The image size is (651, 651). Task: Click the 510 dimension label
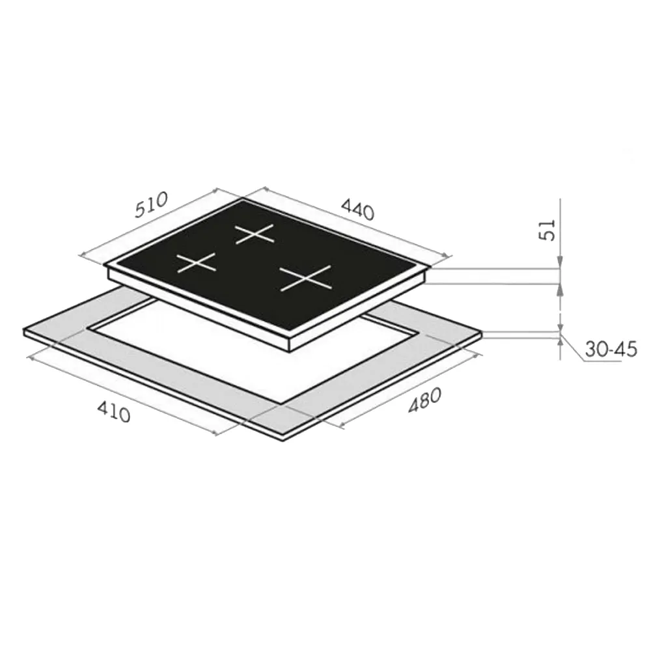(151, 204)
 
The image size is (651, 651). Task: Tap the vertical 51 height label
(548, 230)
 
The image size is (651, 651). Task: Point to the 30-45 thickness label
(611, 350)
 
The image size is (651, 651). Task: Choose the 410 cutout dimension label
(114, 412)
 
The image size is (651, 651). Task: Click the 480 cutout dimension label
(424, 400)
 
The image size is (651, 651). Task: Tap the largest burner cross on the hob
(305, 278)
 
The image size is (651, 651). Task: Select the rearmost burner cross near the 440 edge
(255, 234)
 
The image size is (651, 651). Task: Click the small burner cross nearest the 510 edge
(197, 263)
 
